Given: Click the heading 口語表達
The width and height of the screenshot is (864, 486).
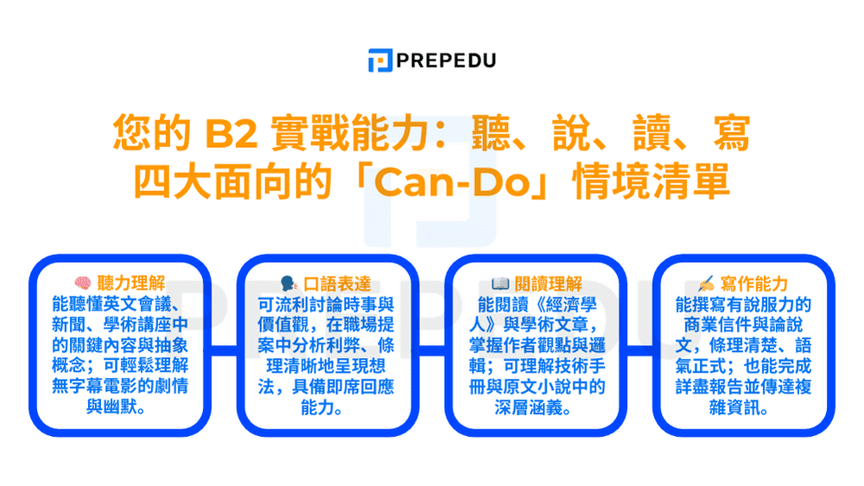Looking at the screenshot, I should pyautogui.click(x=336, y=284).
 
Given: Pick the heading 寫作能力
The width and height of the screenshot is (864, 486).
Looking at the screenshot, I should pyautogui.click(x=755, y=284).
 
